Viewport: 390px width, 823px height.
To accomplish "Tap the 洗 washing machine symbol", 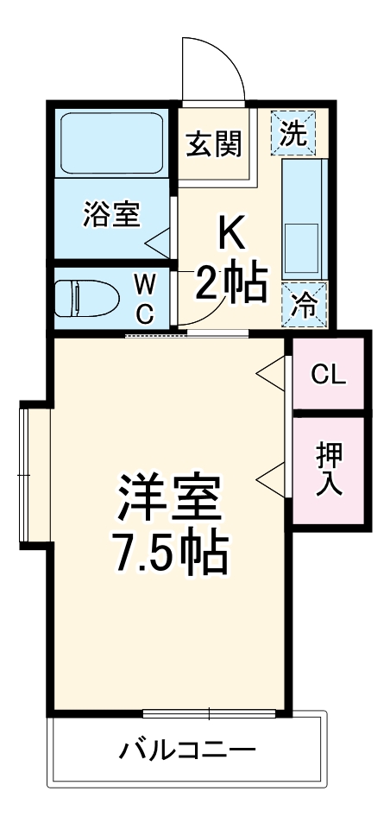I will pyautogui.click(x=296, y=133).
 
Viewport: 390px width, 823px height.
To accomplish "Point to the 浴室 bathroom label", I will pyautogui.click(x=111, y=213).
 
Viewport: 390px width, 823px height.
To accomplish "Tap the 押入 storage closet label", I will pyautogui.click(x=329, y=468).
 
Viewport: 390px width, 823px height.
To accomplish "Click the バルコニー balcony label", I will pyautogui.click(x=186, y=748).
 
